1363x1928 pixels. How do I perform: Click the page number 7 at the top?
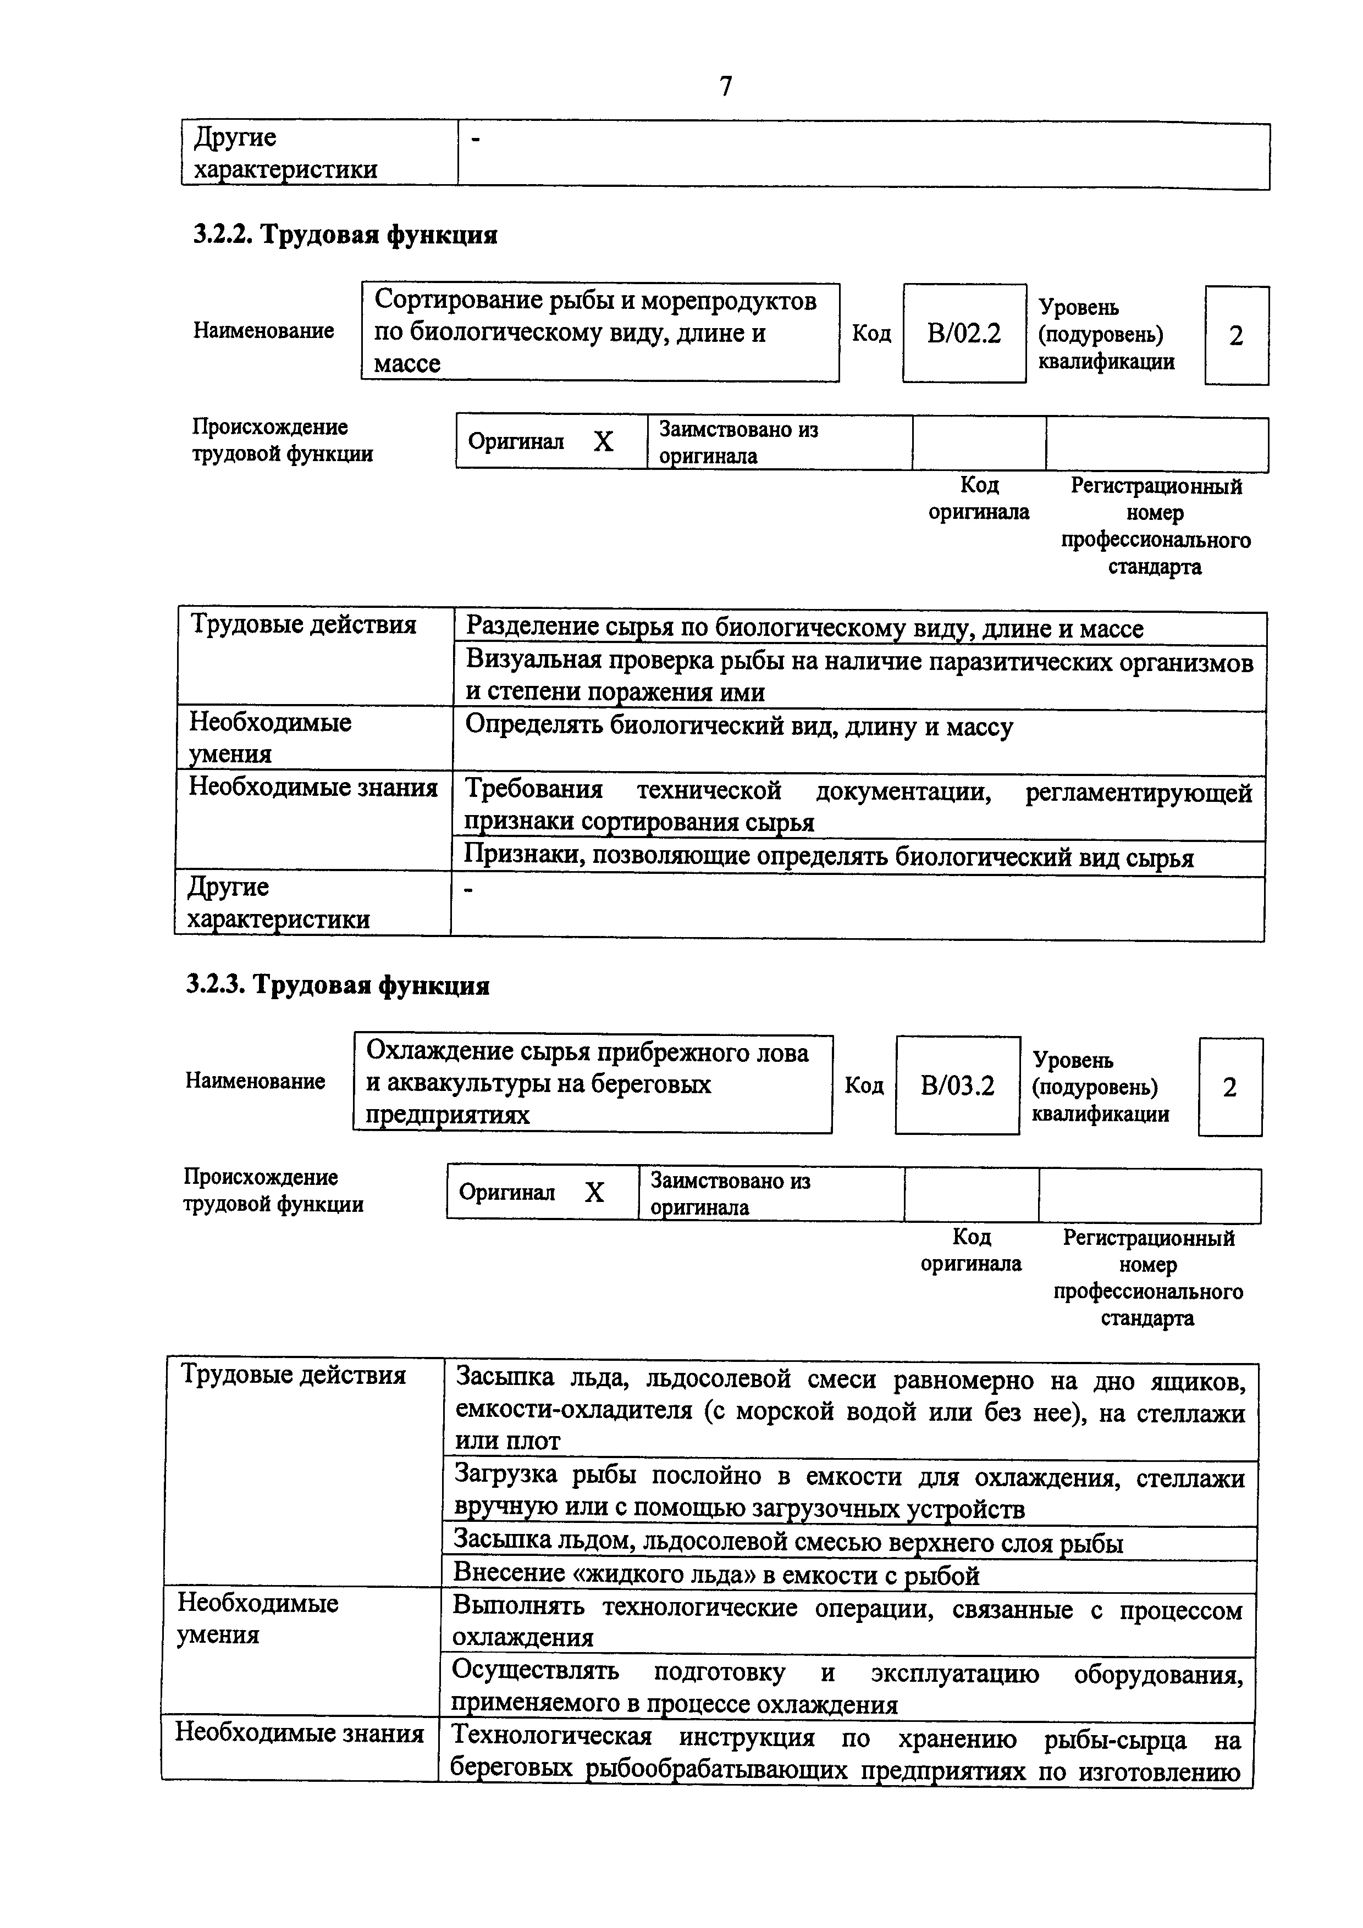coord(726,86)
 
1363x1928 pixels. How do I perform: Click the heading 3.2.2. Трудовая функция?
coord(345,234)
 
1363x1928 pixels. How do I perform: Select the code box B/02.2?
coord(963,334)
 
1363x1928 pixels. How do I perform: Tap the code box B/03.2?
coord(957,1086)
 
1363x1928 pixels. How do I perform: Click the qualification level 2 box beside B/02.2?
coord(1235,336)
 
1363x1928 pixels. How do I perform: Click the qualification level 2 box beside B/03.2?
coord(1229,1088)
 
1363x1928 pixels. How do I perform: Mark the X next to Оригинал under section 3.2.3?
coord(594,1193)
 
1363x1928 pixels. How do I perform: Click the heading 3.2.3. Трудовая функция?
coord(338,984)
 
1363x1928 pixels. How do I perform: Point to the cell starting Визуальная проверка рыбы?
coord(858,677)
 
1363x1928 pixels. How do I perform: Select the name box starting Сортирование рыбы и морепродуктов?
coord(600,332)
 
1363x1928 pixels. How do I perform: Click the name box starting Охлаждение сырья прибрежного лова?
coord(592,1083)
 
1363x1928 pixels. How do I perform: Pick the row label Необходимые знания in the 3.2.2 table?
coord(312,788)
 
